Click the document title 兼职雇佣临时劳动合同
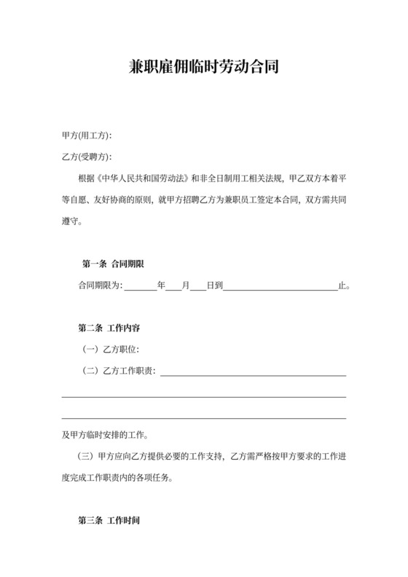tap(203, 68)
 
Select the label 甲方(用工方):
tap(87, 136)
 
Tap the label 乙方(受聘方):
tap(87, 157)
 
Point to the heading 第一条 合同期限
tap(115, 264)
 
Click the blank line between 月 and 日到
tap(197, 287)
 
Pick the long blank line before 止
tap(280, 287)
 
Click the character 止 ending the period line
tap(342, 286)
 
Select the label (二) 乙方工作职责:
tap(120, 372)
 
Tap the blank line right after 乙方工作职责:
tap(252, 374)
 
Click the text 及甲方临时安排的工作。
tap(106, 436)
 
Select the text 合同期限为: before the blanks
tap(101, 286)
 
